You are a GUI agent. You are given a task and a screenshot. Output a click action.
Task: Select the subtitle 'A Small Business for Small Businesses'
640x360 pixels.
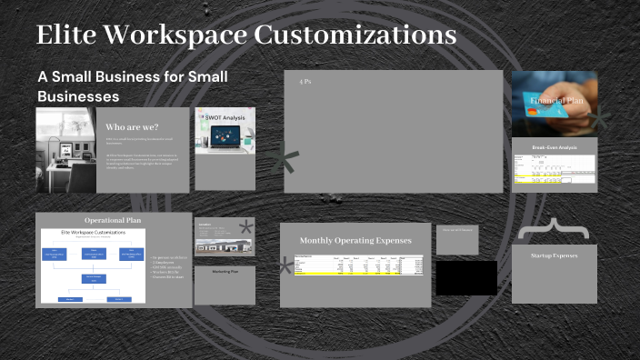pos(132,86)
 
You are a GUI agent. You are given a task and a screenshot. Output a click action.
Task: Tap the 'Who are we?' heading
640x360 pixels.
pos(133,126)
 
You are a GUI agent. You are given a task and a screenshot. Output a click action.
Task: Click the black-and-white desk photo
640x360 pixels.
pos(66,149)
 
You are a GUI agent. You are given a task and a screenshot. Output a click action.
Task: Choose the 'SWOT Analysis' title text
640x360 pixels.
pos(225,117)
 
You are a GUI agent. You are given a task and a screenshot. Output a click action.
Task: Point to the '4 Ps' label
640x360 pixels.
pos(305,82)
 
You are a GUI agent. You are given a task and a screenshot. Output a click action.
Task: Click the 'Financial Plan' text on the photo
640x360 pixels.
pos(555,102)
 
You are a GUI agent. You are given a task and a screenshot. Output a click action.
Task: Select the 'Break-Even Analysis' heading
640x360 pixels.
pos(555,146)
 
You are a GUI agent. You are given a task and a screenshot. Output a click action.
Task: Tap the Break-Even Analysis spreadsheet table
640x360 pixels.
pos(555,170)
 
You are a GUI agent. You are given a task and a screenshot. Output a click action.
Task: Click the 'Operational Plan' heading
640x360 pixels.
pos(114,220)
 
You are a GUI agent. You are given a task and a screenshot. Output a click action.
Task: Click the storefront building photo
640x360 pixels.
pos(224,245)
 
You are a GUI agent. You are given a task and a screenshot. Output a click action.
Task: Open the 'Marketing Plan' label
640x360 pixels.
pos(225,272)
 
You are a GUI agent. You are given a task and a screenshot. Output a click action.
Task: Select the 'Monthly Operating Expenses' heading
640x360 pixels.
pos(355,241)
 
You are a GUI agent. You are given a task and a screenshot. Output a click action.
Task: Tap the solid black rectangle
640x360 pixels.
pos(466,277)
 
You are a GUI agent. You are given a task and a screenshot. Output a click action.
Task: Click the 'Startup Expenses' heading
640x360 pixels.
pos(555,255)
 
